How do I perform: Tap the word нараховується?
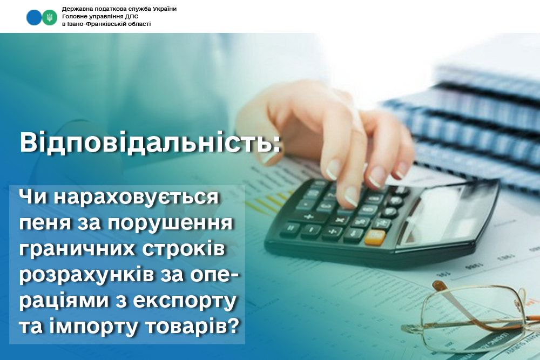pos(136,197)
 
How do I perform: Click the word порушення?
pos(171,223)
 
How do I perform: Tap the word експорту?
pos(185,301)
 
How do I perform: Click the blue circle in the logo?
pos(33,17)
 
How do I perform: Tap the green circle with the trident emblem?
pos(50,17)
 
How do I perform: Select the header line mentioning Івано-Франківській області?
pos(106,24)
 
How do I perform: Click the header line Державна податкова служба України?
pos(119,9)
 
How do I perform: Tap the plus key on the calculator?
pos(308,216)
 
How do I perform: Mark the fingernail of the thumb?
pos(269,157)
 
